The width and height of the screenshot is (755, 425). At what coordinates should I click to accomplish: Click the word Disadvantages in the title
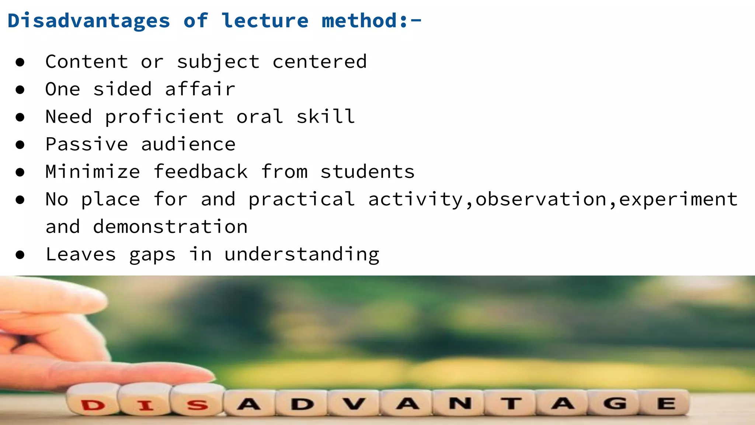click(89, 21)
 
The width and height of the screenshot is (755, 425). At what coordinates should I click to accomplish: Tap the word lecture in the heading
click(265, 21)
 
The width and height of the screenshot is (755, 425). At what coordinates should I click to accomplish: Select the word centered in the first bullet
click(320, 62)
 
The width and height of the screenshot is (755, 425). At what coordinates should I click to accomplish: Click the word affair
click(200, 89)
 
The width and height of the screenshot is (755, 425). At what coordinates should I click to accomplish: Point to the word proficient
click(164, 117)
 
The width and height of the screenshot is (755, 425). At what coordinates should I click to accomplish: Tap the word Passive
click(87, 144)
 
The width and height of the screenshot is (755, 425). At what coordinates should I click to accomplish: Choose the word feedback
click(201, 172)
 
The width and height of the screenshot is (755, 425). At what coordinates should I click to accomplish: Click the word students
click(368, 172)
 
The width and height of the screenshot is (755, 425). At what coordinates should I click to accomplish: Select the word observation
click(541, 200)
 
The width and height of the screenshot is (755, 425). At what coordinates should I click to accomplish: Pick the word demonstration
click(170, 227)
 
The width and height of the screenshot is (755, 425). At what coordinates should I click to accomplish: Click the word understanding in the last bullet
click(302, 255)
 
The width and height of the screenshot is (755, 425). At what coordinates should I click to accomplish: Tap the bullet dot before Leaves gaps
click(20, 255)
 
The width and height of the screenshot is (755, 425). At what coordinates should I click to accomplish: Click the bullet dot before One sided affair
click(20, 90)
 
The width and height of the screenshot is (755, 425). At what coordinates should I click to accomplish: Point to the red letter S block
click(197, 403)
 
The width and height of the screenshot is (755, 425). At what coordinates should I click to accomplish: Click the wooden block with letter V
click(354, 403)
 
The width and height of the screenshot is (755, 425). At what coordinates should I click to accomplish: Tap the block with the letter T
click(511, 403)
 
